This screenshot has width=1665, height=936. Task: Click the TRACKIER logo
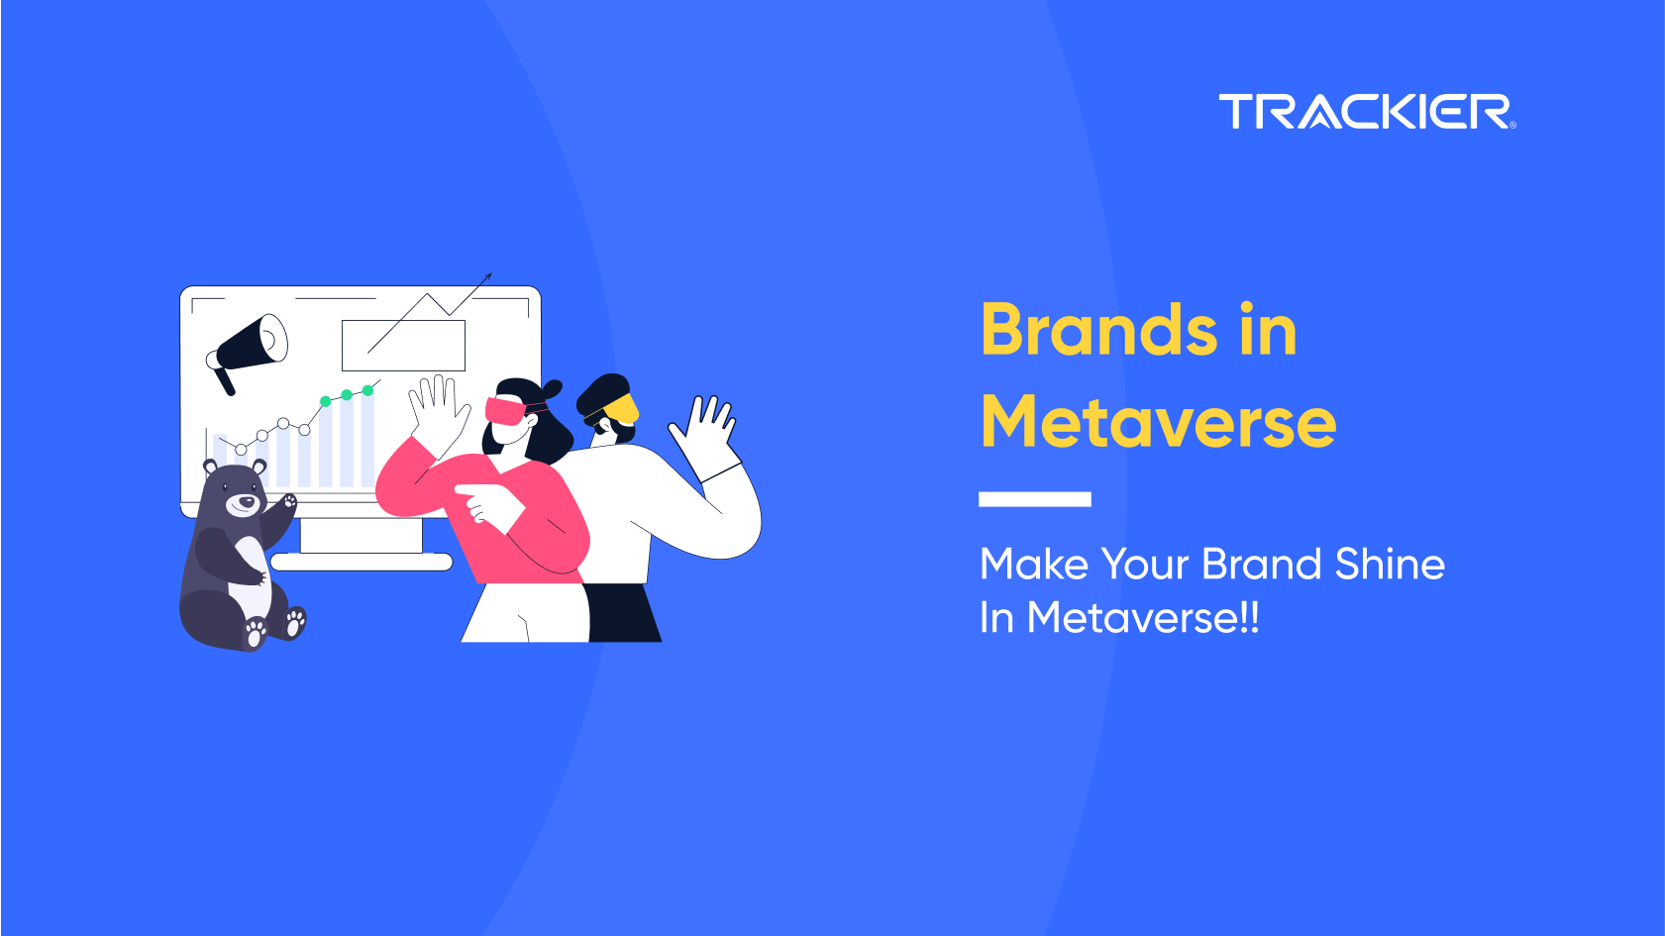1367,112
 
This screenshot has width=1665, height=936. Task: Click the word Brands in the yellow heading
1100,330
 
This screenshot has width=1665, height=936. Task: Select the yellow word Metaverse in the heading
1158,422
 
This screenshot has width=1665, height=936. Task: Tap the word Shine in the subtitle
1390,564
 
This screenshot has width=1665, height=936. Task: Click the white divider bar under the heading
1035,499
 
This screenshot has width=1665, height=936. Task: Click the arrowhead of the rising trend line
487,276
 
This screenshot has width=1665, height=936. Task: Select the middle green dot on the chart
347,395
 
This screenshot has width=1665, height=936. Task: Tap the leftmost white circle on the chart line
241,449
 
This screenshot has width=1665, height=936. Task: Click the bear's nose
243,501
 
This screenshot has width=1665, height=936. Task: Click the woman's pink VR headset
505,411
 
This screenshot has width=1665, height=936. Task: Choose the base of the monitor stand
362,562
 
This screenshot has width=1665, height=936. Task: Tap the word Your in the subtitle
1145,564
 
